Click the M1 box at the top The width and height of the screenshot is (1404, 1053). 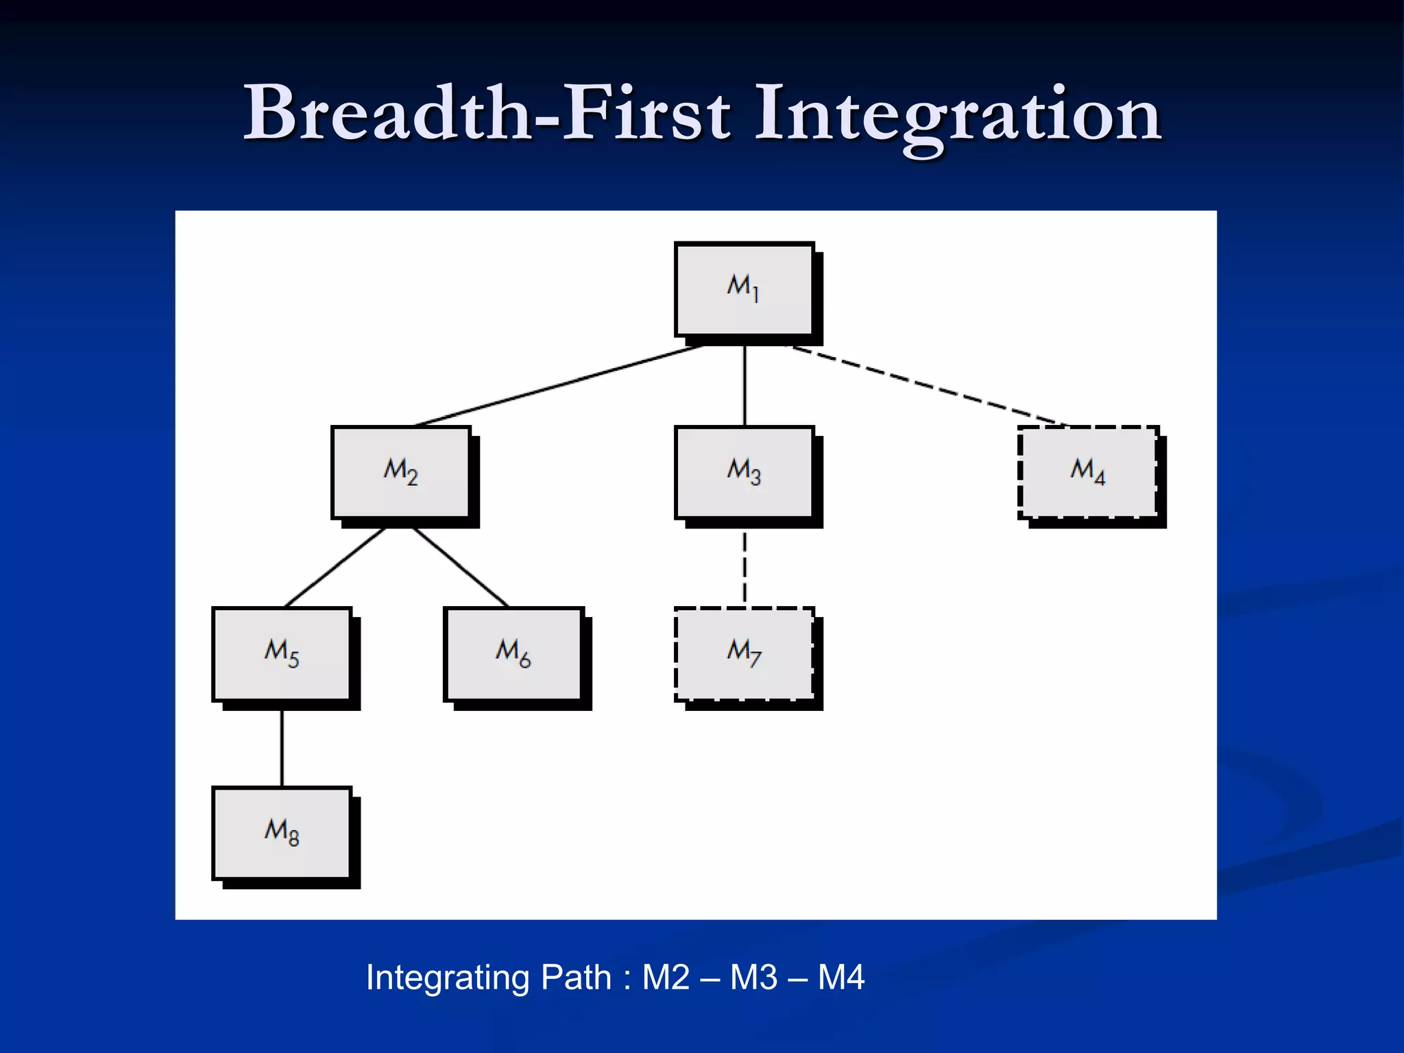pos(744,289)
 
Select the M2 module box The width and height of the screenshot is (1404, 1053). pos(401,472)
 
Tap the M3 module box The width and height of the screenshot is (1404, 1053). pos(744,472)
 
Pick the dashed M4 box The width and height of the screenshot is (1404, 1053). pos(1087,472)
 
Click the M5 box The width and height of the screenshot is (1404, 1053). pos(282,654)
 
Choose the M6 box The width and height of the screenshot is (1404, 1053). pos(513,654)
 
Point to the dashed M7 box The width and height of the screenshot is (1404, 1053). pos(744,654)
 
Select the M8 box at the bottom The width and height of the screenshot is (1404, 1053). pos(282,834)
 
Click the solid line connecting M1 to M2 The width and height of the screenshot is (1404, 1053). pos(559,386)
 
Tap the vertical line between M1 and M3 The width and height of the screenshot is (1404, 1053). pos(745,385)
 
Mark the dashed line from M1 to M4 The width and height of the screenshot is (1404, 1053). pos(925,386)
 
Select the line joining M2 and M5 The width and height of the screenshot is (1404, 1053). pos(335,568)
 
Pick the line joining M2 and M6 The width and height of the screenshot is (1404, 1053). pos(460,568)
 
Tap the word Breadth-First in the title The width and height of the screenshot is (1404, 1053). pos(487,113)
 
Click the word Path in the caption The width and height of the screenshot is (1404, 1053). pos(576,978)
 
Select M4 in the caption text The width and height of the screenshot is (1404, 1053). pos(841,978)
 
